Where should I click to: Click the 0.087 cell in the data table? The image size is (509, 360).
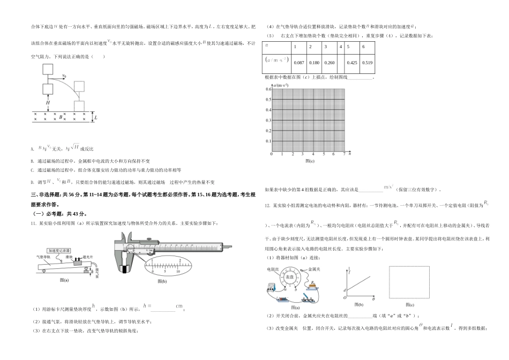click(x=300, y=63)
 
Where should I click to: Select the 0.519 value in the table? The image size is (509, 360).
click(x=367, y=63)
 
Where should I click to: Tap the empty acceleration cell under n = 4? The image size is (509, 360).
click(x=340, y=63)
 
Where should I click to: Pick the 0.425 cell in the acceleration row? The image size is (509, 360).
click(x=352, y=63)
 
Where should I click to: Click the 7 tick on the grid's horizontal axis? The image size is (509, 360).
click(x=343, y=154)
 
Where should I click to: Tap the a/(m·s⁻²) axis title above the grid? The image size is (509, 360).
click(x=281, y=85)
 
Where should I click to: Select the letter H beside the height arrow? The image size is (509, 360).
click(x=48, y=102)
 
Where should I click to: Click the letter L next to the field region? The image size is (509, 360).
click(x=95, y=117)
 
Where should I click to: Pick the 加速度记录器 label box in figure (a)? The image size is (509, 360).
click(x=60, y=250)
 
